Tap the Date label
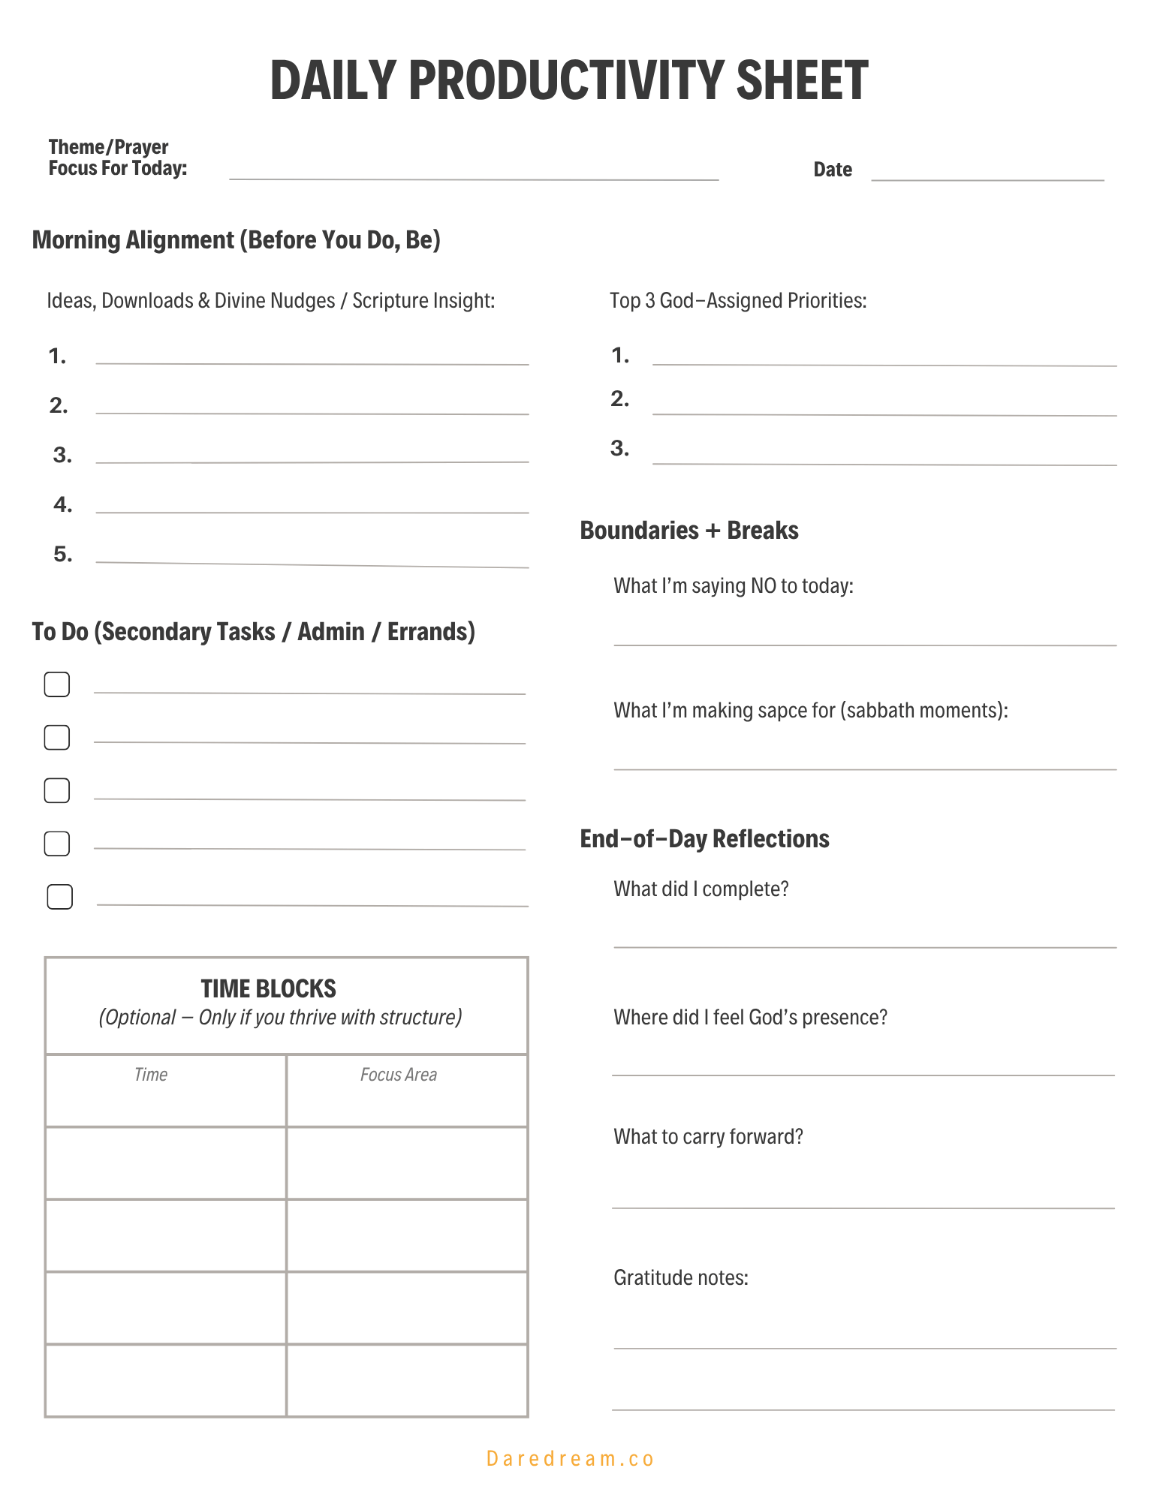point(832,170)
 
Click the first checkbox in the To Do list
point(57,684)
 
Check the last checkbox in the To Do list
point(60,897)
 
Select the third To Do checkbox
point(57,790)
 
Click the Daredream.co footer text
point(570,1458)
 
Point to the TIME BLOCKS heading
point(268,988)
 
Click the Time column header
point(150,1075)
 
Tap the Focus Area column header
point(398,1075)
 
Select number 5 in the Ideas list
point(63,555)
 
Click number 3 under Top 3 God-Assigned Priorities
point(619,449)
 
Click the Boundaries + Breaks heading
point(688,531)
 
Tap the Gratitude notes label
point(680,1277)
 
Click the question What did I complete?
point(701,889)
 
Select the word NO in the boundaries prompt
point(763,585)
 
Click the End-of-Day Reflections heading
point(704,838)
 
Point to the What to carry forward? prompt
point(708,1136)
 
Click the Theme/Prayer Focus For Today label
point(117,158)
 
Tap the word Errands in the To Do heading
point(430,632)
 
